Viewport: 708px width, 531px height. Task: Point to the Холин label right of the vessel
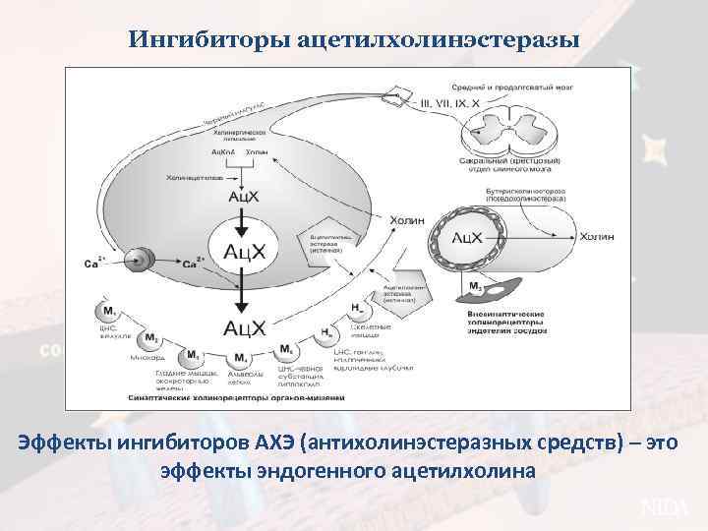(597, 237)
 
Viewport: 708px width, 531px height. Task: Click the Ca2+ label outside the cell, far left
(96, 263)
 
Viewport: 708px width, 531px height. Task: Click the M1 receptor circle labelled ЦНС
(106, 314)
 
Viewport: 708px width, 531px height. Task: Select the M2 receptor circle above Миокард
(151, 339)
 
